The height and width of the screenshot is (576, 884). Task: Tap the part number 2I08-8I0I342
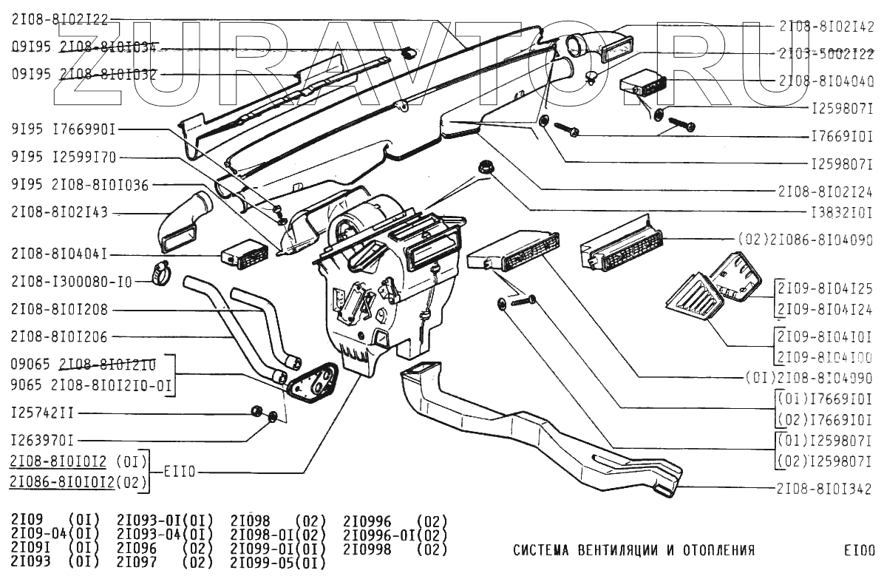point(824,489)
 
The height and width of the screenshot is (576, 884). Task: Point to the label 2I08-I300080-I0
point(71,282)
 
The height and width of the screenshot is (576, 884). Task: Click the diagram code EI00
point(859,550)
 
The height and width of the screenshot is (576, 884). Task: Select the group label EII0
point(180,471)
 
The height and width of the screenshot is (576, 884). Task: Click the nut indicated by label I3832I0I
point(485,167)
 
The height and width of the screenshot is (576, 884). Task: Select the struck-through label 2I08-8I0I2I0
point(107,364)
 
